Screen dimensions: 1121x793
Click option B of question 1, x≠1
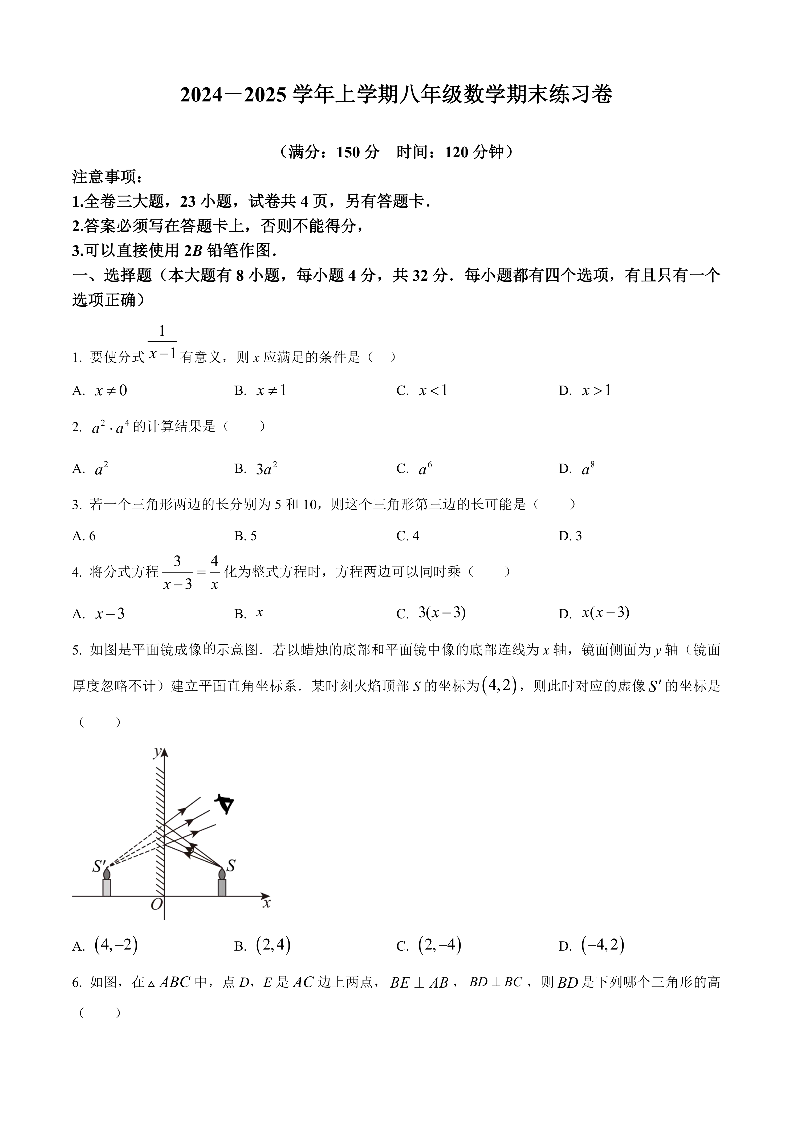(x=262, y=390)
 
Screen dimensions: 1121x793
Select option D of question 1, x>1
(x=586, y=390)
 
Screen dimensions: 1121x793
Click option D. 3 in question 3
(x=570, y=536)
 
